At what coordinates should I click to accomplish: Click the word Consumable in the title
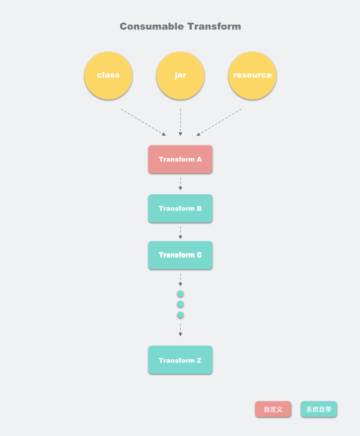tap(152, 26)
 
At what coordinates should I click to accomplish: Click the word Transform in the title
tap(214, 26)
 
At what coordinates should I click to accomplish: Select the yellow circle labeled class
tap(108, 75)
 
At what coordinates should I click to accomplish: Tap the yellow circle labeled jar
tap(180, 75)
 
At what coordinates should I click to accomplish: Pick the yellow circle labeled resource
tap(252, 75)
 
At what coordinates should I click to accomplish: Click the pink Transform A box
tap(180, 159)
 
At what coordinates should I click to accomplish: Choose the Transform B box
tap(180, 208)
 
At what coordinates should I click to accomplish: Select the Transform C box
tap(180, 255)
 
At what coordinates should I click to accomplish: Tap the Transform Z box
tap(180, 360)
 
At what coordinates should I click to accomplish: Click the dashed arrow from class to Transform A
tap(144, 122)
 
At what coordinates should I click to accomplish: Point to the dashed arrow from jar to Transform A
tap(180, 122)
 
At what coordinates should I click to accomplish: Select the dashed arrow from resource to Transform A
tap(219, 122)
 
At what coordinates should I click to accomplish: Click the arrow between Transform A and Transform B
tap(180, 184)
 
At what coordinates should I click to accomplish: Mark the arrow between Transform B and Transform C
tap(180, 233)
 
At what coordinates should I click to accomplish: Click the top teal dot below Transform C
tap(180, 294)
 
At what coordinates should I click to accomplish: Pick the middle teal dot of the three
tap(180, 304)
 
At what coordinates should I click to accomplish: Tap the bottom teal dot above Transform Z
tap(180, 315)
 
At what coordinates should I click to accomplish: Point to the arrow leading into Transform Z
tap(180, 330)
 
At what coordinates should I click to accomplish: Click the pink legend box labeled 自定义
tap(273, 409)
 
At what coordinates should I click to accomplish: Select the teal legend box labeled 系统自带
tap(319, 409)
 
